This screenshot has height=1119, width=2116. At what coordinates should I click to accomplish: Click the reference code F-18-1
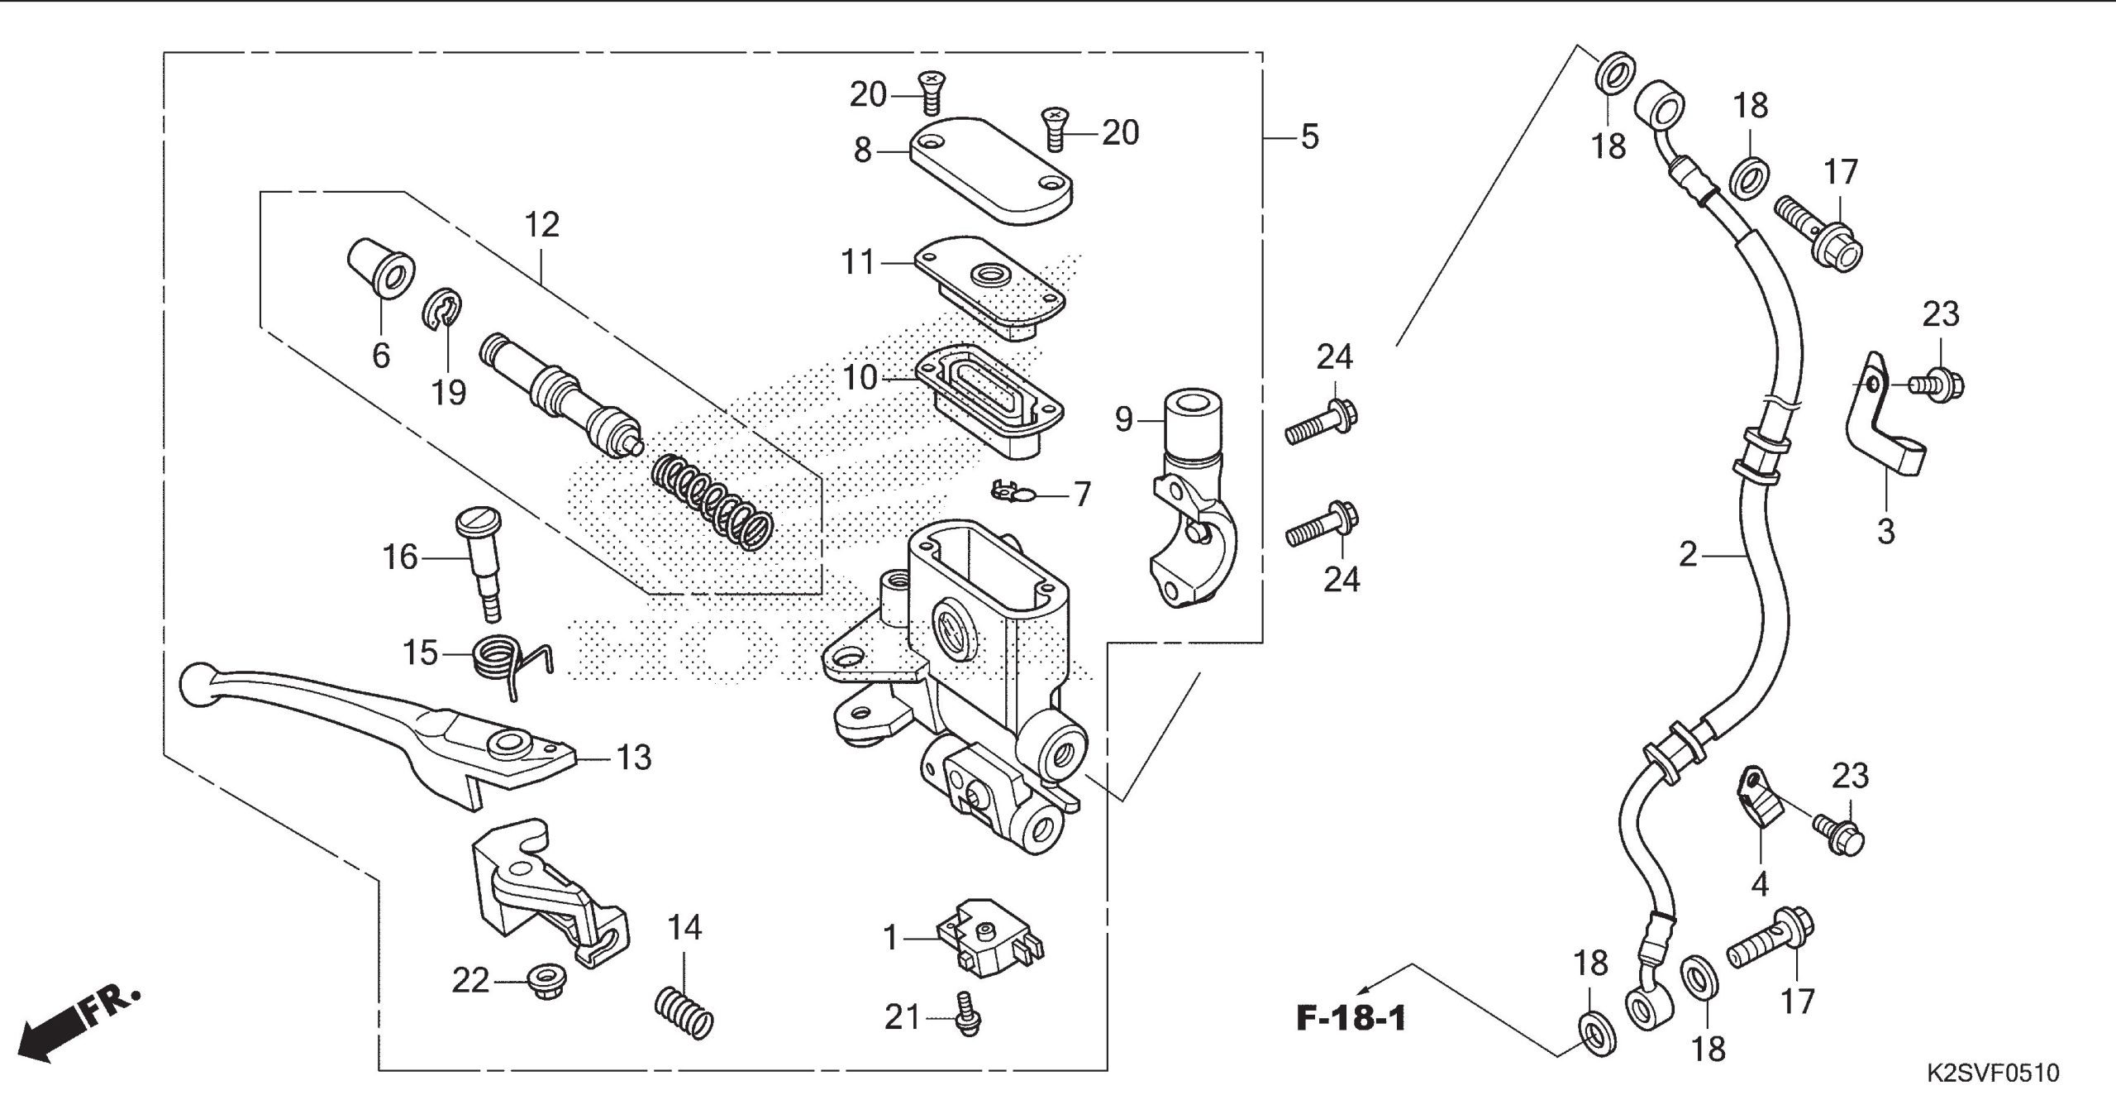click(1351, 1018)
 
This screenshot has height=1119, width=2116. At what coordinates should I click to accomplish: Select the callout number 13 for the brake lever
click(633, 757)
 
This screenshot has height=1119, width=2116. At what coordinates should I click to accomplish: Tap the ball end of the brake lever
click(197, 685)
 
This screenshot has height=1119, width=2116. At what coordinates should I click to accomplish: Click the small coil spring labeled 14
click(684, 1014)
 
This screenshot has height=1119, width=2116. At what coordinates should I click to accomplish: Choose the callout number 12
click(542, 224)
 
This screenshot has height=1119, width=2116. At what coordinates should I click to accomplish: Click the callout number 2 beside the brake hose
click(1688, 554)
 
